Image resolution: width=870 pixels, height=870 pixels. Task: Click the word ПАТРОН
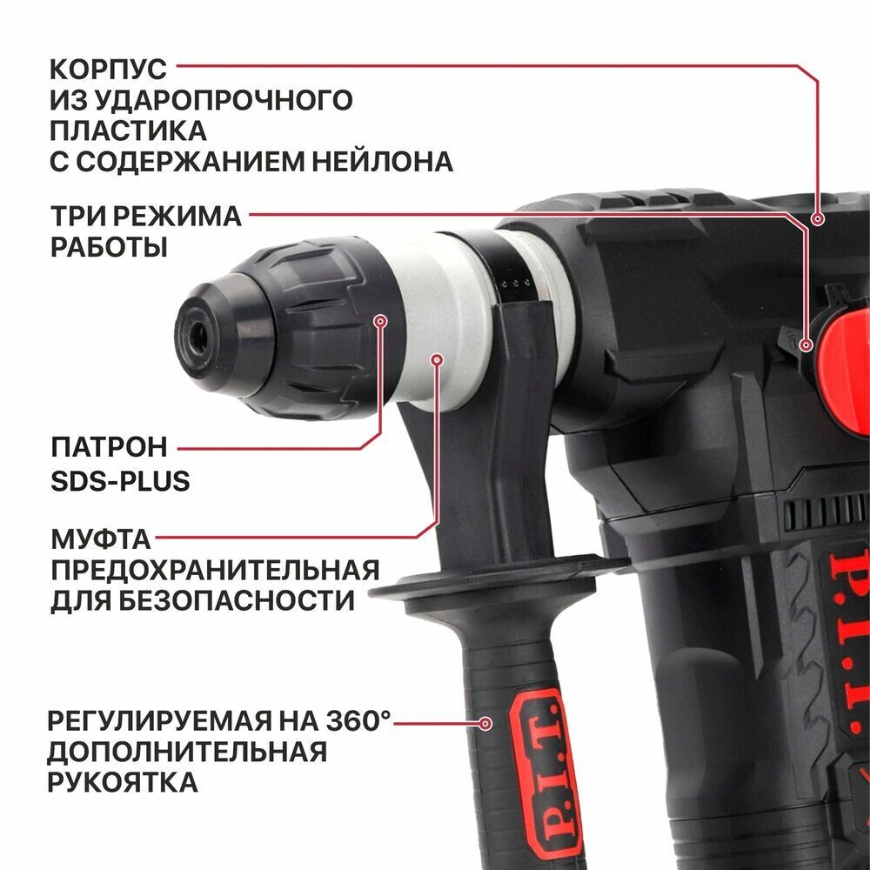(108, 448)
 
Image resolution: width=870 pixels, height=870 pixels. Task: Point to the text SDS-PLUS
(119, 481)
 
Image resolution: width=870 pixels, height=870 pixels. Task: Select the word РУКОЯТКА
(123, 781)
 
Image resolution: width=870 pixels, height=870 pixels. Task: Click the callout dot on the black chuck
(380, 321)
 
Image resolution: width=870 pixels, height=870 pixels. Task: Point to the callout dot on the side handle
(486, 722)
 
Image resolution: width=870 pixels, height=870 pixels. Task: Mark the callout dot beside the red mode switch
(806, 345)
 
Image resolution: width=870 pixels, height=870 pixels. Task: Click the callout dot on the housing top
(818, 219)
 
